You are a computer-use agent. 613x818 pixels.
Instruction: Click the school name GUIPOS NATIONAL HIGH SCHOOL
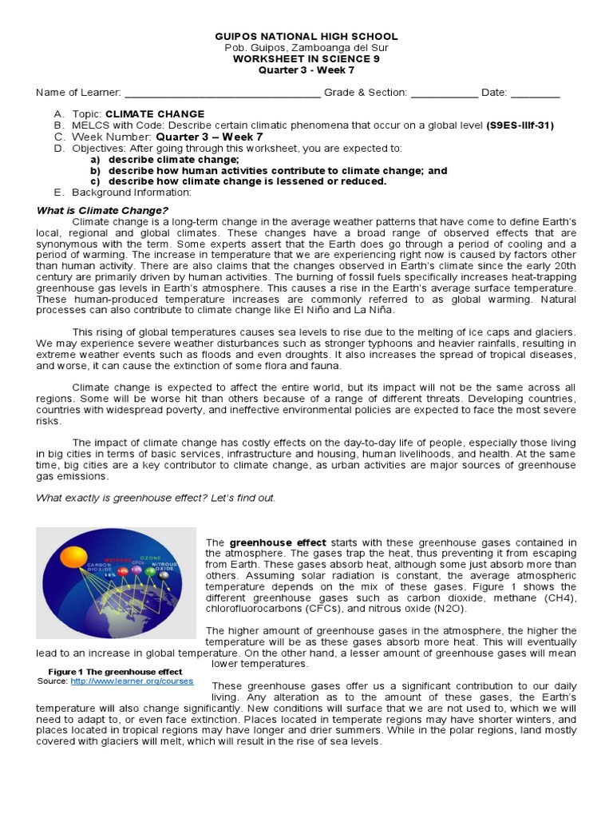click(x=307, y=37)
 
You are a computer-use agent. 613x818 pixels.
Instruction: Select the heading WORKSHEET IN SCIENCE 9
click(x=307, y=58)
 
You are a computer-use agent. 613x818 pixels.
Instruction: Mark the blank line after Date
click(x=535, y=93)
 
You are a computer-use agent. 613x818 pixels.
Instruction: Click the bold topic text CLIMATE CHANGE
click(x=155, y=114)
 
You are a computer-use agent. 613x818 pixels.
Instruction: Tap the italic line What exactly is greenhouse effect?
click(x=156, y=498)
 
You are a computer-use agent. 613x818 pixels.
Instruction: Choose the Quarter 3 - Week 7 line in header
click(x=307, y=69)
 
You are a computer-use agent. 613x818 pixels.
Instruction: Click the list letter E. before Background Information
click(x=58, y=193)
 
